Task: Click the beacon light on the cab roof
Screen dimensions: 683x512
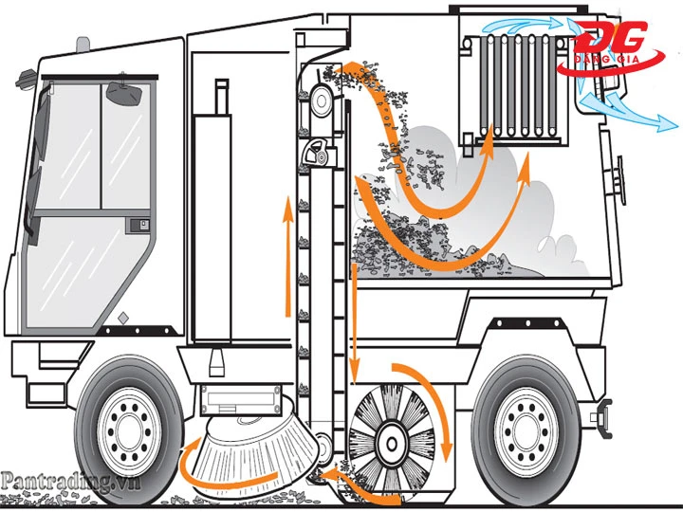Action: [x=83, y=45]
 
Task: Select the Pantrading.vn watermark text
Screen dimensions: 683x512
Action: [x=70, y=483]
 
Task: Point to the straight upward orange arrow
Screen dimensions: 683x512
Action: [x=287, y=256]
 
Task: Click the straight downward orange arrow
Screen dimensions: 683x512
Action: [x=355, y=323]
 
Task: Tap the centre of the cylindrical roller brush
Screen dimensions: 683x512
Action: [x=392, y=444]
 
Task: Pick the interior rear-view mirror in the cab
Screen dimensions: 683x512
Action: [x=124, y=93]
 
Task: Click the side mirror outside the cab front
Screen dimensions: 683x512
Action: [x=26, y=79]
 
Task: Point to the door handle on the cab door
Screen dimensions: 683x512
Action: [x=139, y=226]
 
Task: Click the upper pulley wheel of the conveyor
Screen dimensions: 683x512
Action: [x=322, y=101]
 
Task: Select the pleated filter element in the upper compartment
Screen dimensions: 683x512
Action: [x=518, y=85]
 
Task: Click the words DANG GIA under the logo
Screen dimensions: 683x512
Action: [x=607, y=59]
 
